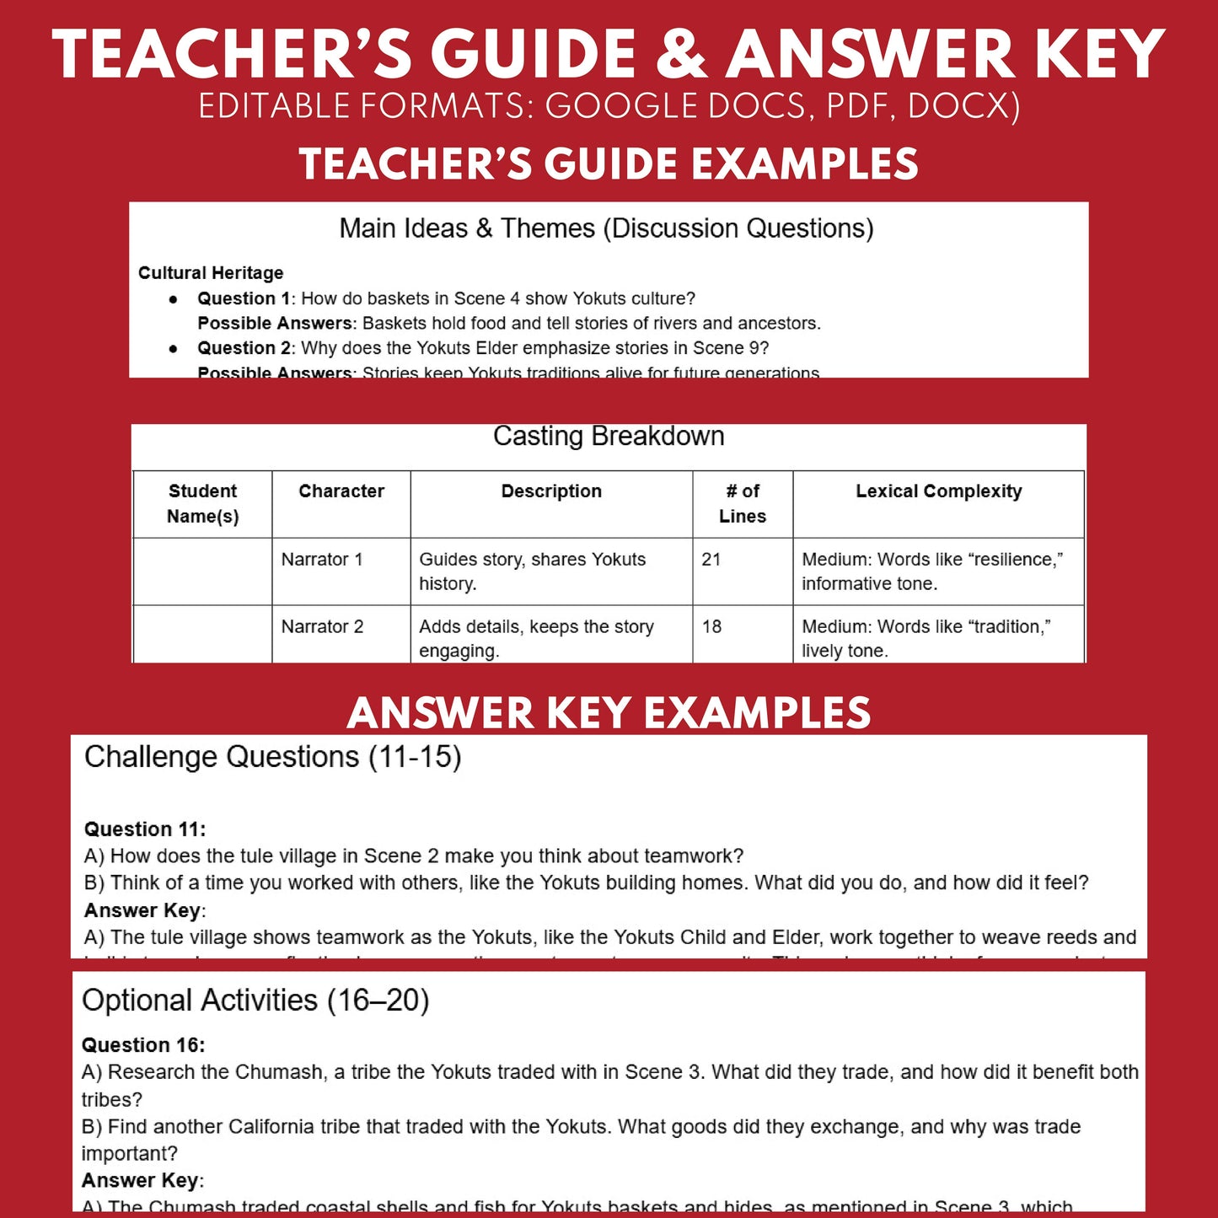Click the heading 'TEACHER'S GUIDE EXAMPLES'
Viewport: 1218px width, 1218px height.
click(609, 164)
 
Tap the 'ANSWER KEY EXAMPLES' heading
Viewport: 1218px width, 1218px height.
click(609, 713)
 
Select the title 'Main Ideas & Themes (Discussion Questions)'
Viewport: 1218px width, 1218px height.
click(606, 228)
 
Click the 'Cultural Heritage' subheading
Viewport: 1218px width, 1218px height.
click(211, 273)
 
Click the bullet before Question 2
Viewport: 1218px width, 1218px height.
click(174, 348)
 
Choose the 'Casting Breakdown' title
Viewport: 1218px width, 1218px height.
click(609, 436)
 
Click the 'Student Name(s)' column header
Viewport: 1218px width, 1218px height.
click(202, 503)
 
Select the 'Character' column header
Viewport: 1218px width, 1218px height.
click(341, 491)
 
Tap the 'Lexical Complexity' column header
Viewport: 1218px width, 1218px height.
click(938, 491)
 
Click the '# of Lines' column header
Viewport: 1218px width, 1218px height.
click(743, 503)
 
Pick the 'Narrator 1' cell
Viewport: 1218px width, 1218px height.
click(322, 560)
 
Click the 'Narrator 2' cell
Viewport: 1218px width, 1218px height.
click(322, 627)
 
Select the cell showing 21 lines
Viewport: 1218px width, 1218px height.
click(711, 560)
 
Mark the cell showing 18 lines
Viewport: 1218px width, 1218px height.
click(711, 627)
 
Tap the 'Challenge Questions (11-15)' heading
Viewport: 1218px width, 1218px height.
click(272, 757)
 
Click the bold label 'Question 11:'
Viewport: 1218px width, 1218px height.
click(145, 829)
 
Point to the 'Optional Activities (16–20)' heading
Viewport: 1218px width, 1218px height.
click(255, 1001)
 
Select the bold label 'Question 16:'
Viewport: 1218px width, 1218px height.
click(143, 1045)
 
